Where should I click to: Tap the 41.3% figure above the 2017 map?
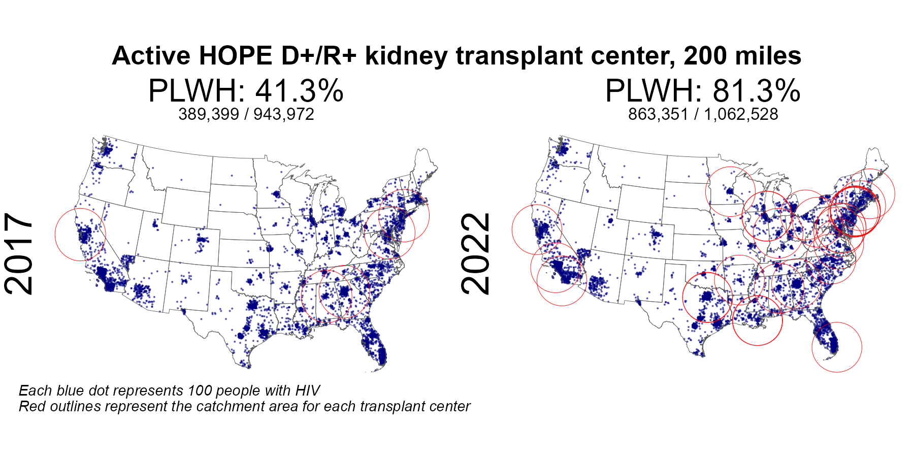coord(300,91)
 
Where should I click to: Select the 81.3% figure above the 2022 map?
coord(757,91)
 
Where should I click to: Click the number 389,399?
coord(209,114)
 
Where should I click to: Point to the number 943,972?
coord(284,114)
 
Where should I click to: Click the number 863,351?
coord(658,114)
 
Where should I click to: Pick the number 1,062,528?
coord(741,114)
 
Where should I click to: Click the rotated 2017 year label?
coord(19,254)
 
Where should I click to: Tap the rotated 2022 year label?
coord(476,254)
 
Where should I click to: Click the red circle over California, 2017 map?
coord(55,234)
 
